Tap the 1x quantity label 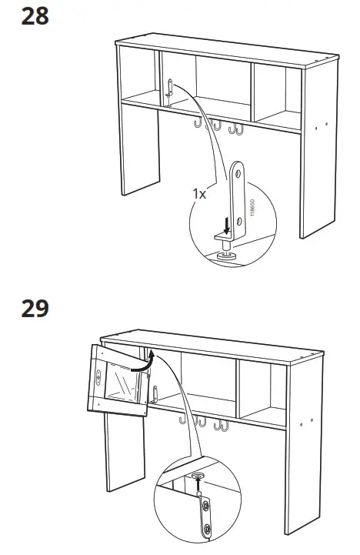point(199,195)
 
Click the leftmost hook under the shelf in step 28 point(198,123)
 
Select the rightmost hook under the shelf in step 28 point(238,129)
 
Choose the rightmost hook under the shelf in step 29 point(224,426)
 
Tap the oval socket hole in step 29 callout point(198,476)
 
